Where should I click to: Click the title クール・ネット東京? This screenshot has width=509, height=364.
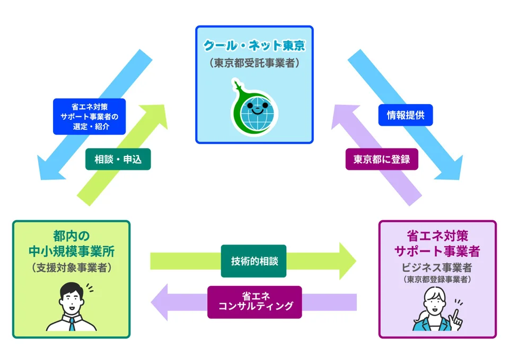pos(254,46)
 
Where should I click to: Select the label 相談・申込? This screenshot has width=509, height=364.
pos(118,159)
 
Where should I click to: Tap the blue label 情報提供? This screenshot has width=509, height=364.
pos(405,115)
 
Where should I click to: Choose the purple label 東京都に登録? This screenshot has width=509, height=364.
pos(382,159)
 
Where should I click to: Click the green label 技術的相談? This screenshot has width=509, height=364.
pos(253,261)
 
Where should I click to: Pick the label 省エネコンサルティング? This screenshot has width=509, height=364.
pos(254,302)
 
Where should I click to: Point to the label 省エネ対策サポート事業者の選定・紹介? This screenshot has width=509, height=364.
pos(89,116)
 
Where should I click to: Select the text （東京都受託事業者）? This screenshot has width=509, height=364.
pos(254,63)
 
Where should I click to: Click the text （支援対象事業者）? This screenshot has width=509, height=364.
pos(71,267)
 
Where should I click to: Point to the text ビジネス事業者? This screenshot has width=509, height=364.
pos(437,266)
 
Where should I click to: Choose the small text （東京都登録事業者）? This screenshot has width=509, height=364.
pos(437,279)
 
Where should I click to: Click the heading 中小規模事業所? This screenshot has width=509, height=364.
pos(71,250)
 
